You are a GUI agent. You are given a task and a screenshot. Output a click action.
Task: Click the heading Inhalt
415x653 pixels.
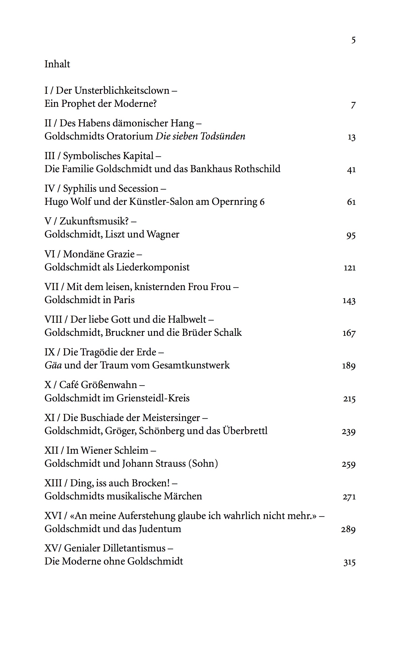57,64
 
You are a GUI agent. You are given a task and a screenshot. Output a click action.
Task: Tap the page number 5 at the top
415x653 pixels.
353,40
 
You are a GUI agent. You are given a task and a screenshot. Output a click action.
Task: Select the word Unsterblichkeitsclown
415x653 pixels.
122,90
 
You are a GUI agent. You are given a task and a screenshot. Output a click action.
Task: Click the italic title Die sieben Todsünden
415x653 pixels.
200,136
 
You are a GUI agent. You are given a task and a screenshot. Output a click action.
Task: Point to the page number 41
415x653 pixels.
351,170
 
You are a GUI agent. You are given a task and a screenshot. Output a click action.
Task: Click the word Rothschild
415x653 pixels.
257,169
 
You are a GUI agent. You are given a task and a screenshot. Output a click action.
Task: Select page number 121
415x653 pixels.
349,268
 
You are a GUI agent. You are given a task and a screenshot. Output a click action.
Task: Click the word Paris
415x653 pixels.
124,300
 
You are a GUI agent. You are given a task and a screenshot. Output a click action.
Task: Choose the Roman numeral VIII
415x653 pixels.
53,319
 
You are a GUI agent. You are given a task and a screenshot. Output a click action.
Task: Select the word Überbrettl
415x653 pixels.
245,431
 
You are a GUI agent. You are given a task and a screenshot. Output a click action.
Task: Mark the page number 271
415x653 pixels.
349,497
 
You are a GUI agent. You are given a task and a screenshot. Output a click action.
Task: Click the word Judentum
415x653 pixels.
160,529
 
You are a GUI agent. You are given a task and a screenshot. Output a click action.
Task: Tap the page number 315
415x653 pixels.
349,562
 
